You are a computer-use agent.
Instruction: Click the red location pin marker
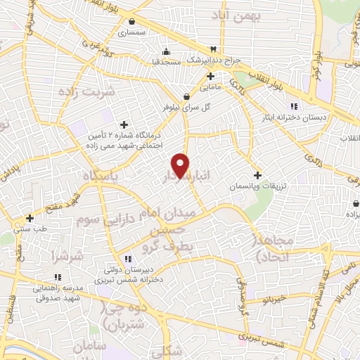point(181,166)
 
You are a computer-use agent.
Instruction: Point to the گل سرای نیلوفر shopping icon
point(186,96)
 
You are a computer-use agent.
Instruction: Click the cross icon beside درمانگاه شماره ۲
point(124,124)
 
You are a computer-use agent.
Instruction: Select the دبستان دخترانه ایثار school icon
point(304,105)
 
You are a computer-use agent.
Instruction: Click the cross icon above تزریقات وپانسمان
point(257,175)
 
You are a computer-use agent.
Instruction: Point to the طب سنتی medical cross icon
point(30,218)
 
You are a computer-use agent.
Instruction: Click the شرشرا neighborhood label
point(66,257)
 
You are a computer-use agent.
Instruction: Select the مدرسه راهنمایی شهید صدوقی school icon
point(58,277)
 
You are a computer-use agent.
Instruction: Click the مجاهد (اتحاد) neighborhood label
point(278,249)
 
